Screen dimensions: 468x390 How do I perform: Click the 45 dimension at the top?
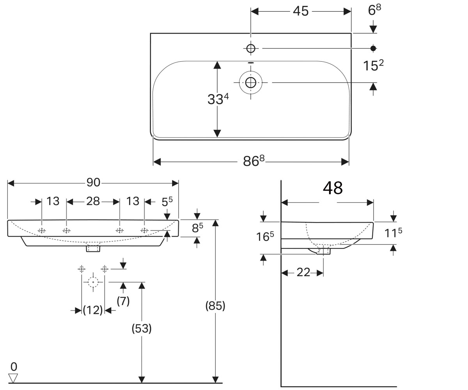pyautogui.click(x=301, y=11)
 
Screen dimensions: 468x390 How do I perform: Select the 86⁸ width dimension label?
pyautogui.click(x=253, y=161)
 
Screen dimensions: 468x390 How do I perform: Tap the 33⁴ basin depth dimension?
pyautogui.click(x=218, y=99)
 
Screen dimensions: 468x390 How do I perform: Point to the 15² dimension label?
pyautogui.click(x=373, y=65)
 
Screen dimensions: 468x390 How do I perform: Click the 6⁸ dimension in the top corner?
pyautogui.click(x=374, y=10)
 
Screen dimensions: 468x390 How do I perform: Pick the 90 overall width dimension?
pyautogui.click(x=93, y=183)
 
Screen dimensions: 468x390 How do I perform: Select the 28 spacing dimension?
pyautogui.click(x=93, y=201)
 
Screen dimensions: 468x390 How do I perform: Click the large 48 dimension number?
pyautogui.click(x=333, y=188)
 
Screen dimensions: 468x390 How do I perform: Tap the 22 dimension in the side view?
pyautogui.click(x=303, y=272)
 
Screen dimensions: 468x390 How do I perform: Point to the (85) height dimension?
pyautogui.click(x=215, y=306)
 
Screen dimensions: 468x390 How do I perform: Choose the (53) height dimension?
pyautogui.click(x=142, y=329)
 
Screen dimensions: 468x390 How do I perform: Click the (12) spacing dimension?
pyautogui.click(x=92, y=310)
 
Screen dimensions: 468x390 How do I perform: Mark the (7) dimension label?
pyautogui.click(x=123, y=301)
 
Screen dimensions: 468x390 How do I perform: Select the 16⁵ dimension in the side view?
pyautogui.click(x=265, y=236)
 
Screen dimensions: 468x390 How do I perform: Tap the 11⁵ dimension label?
pyautogui.click(x=394, y=233)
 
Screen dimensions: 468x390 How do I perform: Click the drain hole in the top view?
pyautogui.click(x=251, y=83)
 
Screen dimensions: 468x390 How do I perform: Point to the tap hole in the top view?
pyautogui.click(x=251, y=48)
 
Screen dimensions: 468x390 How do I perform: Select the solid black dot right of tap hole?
pyautogui.click(x=373, y=48)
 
